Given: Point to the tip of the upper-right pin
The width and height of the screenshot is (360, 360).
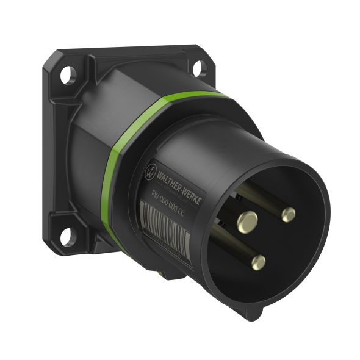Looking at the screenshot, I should (x=289, y=214).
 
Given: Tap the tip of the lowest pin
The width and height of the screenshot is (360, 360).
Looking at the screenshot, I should (x=259, y=263).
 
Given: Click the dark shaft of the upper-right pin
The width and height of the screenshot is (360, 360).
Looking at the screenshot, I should (x=259, y=198).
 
